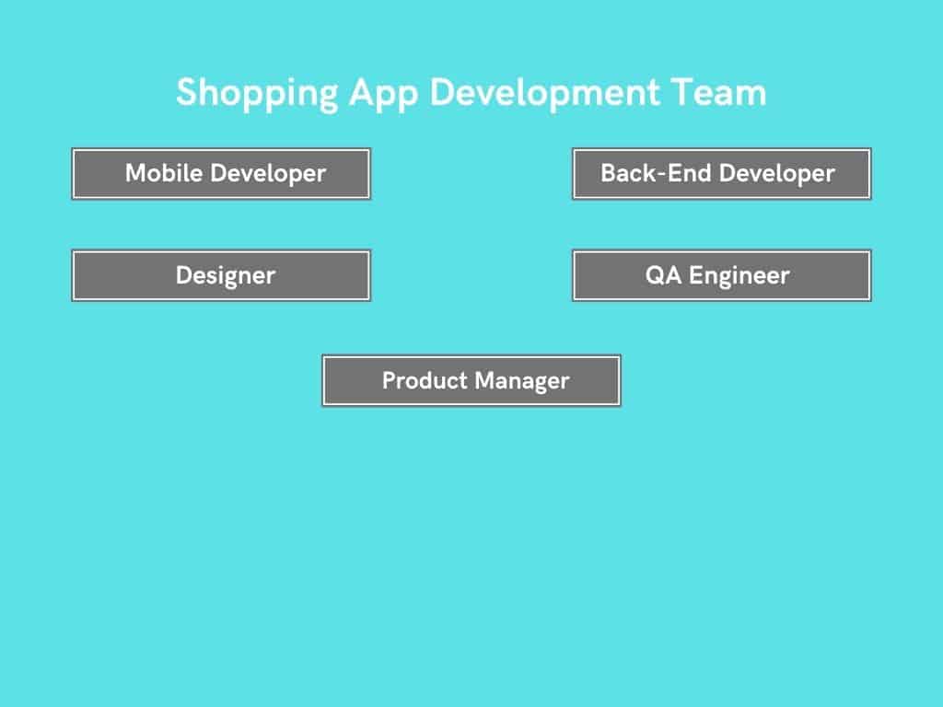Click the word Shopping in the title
(x=257, y=94)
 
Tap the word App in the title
(x=383, y=94)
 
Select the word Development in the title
(x=544, y=93)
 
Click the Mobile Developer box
(x=221, y=174)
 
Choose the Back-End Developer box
(x=722, y=174)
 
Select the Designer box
(x=221, y=275)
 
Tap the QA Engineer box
(x=722, y=275)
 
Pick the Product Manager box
(x=471, y=380)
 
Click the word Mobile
(x=164, y=173)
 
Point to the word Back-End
(x=656, y=173)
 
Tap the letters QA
(x=663, y=275)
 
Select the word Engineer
(x=739, y=276)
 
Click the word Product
(x=425, y=380)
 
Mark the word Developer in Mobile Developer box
(x=268, y=174)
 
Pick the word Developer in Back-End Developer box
(x=777, y=174)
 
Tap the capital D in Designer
(x=184, y=275)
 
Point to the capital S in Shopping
(x=187, y=92)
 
